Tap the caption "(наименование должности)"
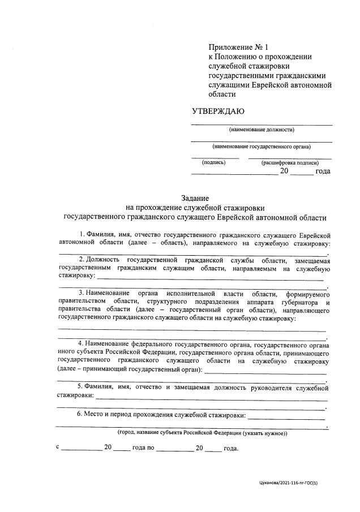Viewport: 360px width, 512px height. pyautogui.click(x=261, y=130)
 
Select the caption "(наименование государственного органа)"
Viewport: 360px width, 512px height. pyautogui.click(x=261, y=147)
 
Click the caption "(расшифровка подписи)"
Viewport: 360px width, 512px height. pyautogui.click(x=286, y=162)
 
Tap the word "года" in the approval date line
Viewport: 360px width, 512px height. pyautogui.click(x=322, y=171)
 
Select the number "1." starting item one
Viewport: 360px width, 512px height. pyautogui.click(x=83, y=234)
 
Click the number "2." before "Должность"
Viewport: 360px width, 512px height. pyautogui.click(x=82, y=259)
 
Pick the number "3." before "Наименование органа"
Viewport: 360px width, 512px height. pyautogui.click(x=82, y=293)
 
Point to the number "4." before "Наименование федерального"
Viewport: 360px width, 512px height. pyautogui.click(x=82, y=343)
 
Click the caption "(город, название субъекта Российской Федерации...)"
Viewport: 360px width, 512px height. pyautogui.click(x=202, y=433)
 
